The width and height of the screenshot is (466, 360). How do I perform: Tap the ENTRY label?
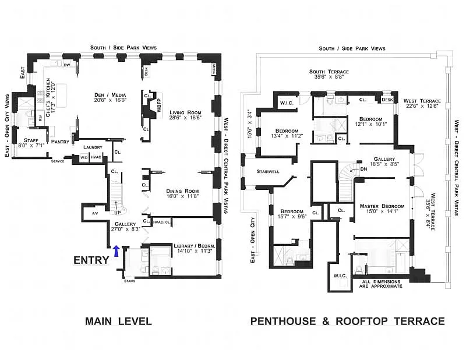point(91,260)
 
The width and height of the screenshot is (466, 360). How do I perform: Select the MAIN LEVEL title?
point(118,321)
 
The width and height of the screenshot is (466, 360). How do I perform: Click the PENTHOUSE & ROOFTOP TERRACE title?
point(347,321)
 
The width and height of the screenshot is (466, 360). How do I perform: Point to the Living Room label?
point(185,112)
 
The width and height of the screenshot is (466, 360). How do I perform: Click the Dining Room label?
point(183,191)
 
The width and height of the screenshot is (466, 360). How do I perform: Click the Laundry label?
point(93,147)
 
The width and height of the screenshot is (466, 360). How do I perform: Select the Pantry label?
point(60,142)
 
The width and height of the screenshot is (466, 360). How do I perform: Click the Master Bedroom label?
point(382,206)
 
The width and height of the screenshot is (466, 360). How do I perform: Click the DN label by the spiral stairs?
point(363,169)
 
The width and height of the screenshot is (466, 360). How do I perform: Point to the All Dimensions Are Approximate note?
point(382,284)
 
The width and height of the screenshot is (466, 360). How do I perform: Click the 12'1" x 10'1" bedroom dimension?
point(371,123)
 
